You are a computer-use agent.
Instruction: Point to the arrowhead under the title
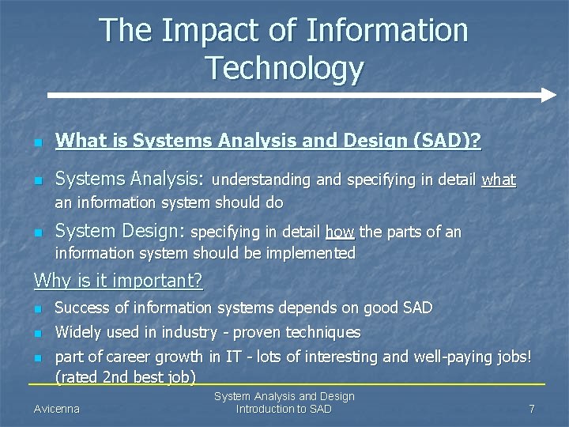548,96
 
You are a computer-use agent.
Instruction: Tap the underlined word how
340,232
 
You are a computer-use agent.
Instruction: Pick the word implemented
312,253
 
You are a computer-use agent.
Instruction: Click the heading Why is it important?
119,281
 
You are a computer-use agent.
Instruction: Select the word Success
83,307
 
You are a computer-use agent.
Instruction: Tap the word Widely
77,332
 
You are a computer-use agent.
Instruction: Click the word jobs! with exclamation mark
511,357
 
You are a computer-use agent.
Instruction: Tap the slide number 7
532,409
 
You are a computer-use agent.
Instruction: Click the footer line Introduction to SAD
284,409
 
